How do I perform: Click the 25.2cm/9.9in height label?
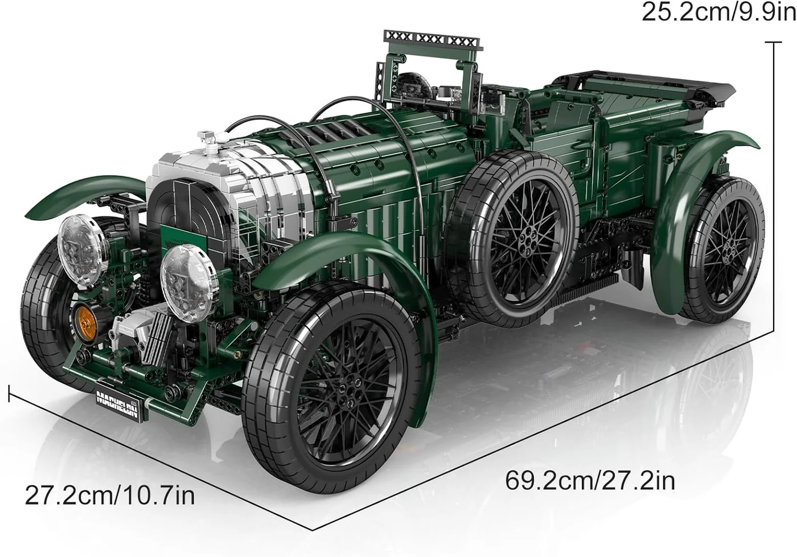[718, 13]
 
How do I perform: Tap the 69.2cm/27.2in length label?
[590, 481]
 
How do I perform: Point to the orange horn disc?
[85, 323]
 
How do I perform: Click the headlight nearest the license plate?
[188, 284]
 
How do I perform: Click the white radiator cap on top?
[210, 139]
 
